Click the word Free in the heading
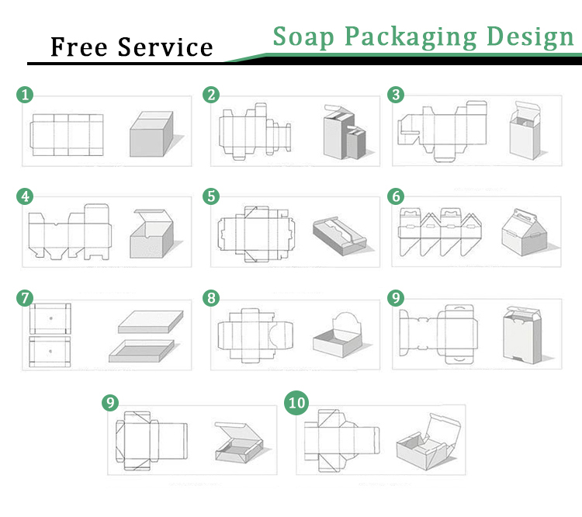[x=79, y=47]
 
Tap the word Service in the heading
[x=165, y=47]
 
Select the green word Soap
[x=303, y=36]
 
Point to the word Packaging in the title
[x=411, y=37]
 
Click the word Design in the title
[x=530, y=37]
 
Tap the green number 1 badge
[x=25, y=95]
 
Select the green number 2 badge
[x=211, y=95]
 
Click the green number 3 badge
[x=396, y=95]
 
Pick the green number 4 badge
[x=25, y=196]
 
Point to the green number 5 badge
[x=211, y=196]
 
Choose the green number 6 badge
[x=396, y=196]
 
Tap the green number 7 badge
[x=25, y=298]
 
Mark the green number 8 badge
[x=211, y=298]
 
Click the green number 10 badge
[x=296, y=403]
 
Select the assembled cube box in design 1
[x=151, y=134]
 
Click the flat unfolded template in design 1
[x=67, y=135]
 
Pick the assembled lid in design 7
[x=151, y=322]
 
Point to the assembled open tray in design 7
[x=141, y=351]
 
